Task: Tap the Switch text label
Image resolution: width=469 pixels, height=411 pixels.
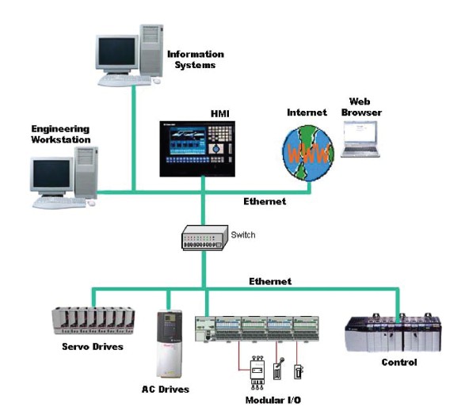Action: tap(243, 235)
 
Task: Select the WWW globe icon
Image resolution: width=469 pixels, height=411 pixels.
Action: tap(308, 154)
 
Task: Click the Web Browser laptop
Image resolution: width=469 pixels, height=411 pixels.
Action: tap(360, 139)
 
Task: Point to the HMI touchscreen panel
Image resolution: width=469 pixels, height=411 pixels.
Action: tap(197, 149)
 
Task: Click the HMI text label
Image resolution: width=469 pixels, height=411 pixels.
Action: tap(220, 114)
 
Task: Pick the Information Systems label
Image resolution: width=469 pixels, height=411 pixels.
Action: tap(196, 59)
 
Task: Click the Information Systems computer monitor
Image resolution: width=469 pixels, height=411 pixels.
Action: tap(117, 55)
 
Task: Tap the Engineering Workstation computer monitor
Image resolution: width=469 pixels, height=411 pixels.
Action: tap(51, 177)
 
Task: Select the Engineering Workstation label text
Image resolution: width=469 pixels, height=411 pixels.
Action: tap(61, 134)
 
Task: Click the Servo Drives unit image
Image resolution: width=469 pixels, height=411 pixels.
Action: tap(93, 321)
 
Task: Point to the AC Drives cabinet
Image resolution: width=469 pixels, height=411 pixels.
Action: tap(170, 344)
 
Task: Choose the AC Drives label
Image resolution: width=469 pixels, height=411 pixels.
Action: tap(166, 389)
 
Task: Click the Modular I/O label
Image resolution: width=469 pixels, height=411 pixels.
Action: tap(273, 400)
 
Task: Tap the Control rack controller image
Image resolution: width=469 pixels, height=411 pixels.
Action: tap(393, 333)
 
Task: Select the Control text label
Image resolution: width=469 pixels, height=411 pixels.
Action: tap(399, 362)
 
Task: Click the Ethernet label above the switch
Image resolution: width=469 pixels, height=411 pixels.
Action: tap(265, 201)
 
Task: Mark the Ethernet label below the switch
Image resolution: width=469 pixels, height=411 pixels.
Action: tap(270, 281)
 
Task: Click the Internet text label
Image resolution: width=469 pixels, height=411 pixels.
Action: tap(307, 112)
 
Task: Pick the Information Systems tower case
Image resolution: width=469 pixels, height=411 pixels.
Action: tap(151, 50)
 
